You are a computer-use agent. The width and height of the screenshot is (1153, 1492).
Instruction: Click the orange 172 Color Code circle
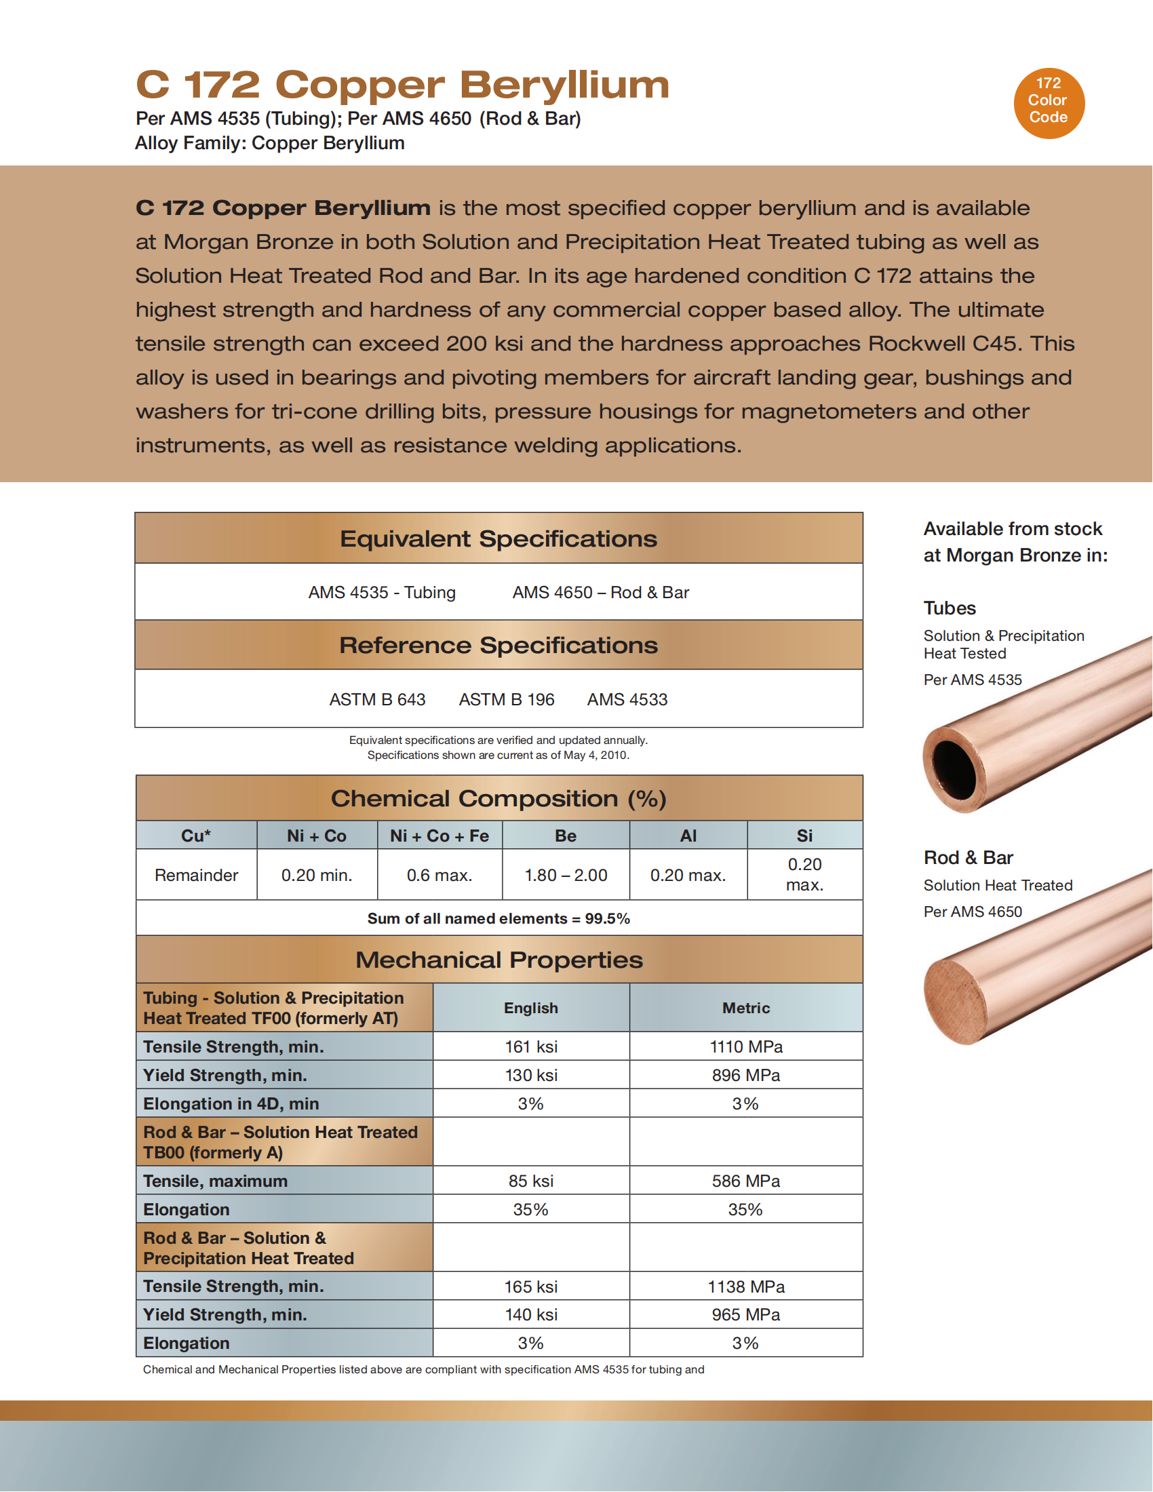[1049, 103]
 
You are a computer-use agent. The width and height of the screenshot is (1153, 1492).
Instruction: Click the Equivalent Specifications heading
[499, 539]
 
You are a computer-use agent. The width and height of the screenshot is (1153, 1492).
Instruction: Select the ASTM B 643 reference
[377, 700]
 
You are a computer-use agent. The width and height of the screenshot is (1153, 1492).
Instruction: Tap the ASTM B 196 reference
[506, 700]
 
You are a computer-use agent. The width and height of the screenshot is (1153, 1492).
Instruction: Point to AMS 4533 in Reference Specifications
[627, 700]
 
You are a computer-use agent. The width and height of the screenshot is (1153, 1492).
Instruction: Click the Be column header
[566, 836]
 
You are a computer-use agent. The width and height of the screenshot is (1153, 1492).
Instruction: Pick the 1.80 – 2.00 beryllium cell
[566, 875]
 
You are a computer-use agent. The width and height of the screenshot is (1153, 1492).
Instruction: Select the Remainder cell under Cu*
[196, 875]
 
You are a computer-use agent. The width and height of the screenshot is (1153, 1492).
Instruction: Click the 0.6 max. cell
[439, 875]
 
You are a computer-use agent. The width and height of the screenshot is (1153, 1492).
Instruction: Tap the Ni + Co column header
[316, 836]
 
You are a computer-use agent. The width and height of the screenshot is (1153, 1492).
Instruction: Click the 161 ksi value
[531, 1046]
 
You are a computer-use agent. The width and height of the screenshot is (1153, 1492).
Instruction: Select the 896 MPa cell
[746, 1076]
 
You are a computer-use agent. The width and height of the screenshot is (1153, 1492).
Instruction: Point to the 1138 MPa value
[746, 1287]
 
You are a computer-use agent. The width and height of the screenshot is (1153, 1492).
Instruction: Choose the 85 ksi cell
[531, 1181]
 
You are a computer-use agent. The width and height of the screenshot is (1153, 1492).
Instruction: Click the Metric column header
[746, 1008]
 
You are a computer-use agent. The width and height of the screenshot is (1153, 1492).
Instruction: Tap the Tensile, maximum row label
[215, 1181]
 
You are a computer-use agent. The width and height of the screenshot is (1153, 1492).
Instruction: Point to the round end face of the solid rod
[956, 1002]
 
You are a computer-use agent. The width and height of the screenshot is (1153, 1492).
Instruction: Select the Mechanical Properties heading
[499, 960]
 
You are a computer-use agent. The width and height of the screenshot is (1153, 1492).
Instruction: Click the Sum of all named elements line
[499, 919]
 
